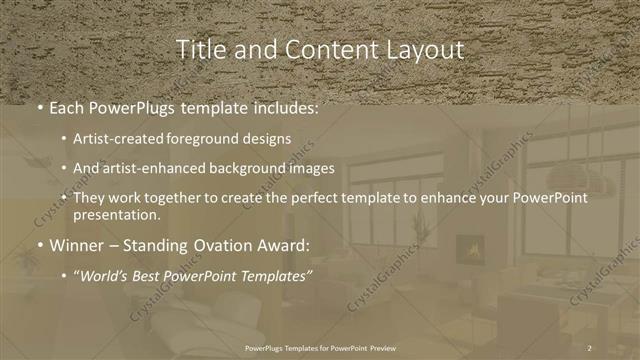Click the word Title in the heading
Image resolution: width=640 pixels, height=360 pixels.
point(198,49)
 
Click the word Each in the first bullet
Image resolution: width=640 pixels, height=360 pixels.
point(67,107)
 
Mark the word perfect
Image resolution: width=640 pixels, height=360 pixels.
point(336,199)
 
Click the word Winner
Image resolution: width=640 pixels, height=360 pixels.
point(76,243)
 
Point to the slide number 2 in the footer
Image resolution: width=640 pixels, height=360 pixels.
point(590,347)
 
